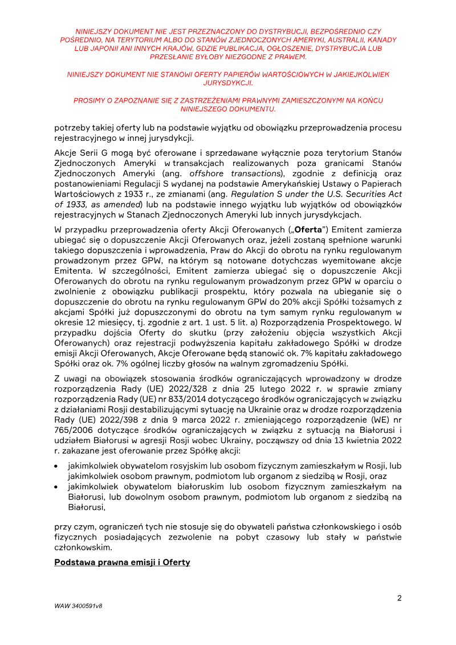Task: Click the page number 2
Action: coord(400,598)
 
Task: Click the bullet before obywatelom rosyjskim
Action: coord(57,466)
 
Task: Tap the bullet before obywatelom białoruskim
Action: coord(57,486)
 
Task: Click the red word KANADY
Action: coord(381,40)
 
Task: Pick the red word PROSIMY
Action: coord(89,100)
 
